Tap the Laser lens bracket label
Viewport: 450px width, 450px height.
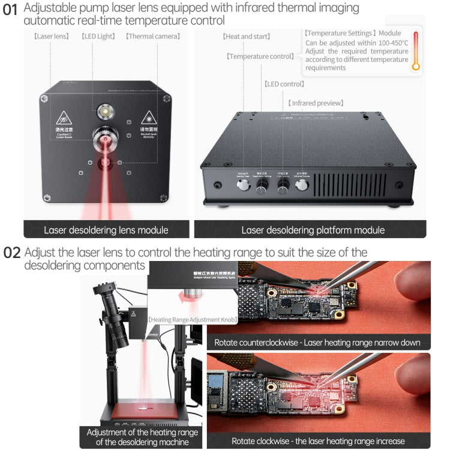click(x=52, y=37)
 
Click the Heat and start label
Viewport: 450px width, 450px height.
click(x=246, y=37)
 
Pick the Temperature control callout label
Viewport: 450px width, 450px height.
click(x=260, y=56)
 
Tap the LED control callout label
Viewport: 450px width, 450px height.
click(x=284, y=84)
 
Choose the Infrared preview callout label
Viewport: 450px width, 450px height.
click(x=316, y=103)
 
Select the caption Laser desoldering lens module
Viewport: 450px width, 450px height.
click(x=106, y=230)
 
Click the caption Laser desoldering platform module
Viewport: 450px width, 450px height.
click(x=313, y=230)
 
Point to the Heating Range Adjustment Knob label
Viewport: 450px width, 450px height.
click(x=193, y=320)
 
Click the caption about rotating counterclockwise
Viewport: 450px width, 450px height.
click(x=317, y=343)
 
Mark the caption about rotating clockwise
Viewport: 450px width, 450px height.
click(x=318, y=441)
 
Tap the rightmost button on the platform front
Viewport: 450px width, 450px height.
click(x=302, y=185)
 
